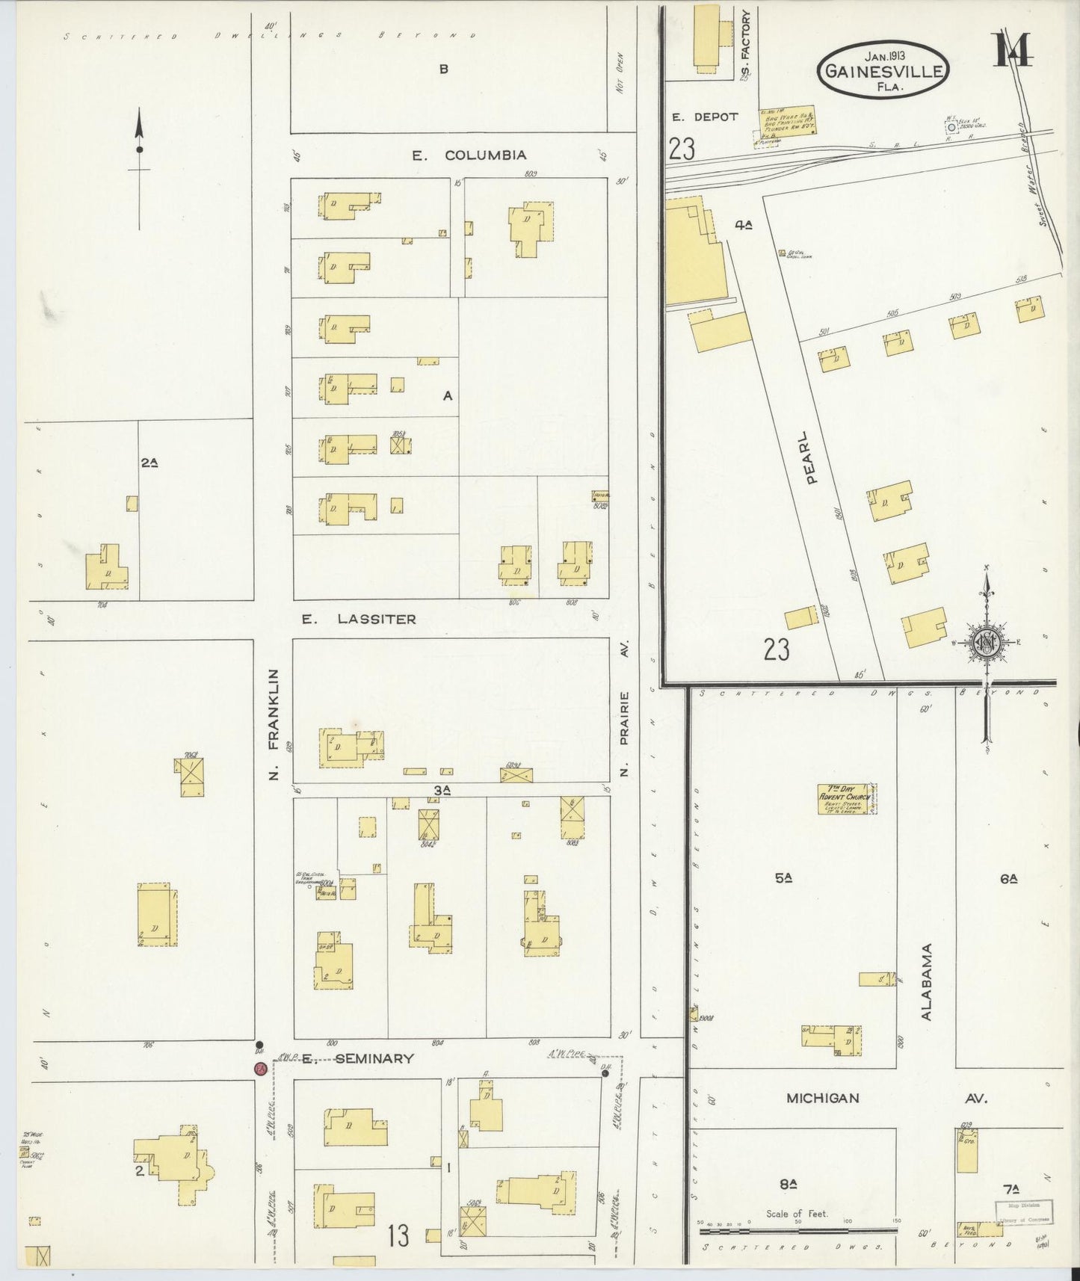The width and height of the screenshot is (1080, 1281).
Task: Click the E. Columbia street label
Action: coord(469,155)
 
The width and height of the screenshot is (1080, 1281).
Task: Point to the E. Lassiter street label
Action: coord(358,619)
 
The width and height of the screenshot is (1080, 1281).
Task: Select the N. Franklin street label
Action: coord(274,724)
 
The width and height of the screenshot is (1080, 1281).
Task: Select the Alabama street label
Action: coord(927,981)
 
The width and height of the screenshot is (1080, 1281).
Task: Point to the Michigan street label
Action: coord(822,1098)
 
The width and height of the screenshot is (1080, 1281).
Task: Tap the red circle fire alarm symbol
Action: coord(260,1069)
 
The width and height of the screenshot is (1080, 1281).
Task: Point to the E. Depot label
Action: coord(704,117)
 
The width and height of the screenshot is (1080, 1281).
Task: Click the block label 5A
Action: coord(783,879)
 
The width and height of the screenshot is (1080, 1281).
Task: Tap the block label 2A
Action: coord(149,463)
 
